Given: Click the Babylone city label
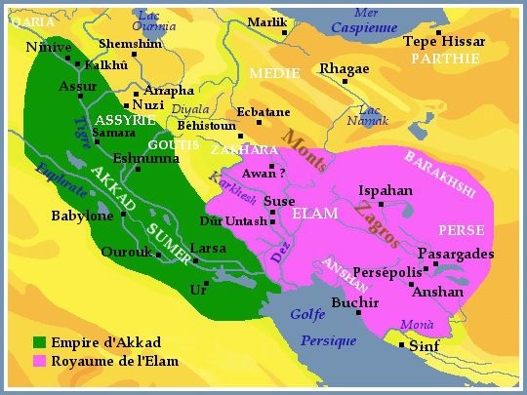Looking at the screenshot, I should tap(82, 216).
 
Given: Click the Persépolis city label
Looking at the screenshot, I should tap(387, 271).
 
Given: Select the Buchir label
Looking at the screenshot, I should tap(355, 303).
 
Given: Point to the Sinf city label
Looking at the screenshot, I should tap(424, 346).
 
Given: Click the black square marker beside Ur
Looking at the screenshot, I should tap(208, 283).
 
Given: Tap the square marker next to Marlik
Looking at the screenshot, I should tap(283, 32).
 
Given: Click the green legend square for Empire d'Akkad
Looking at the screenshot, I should tap(40, 342).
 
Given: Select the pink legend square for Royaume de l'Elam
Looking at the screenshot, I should tap(40, 361).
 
